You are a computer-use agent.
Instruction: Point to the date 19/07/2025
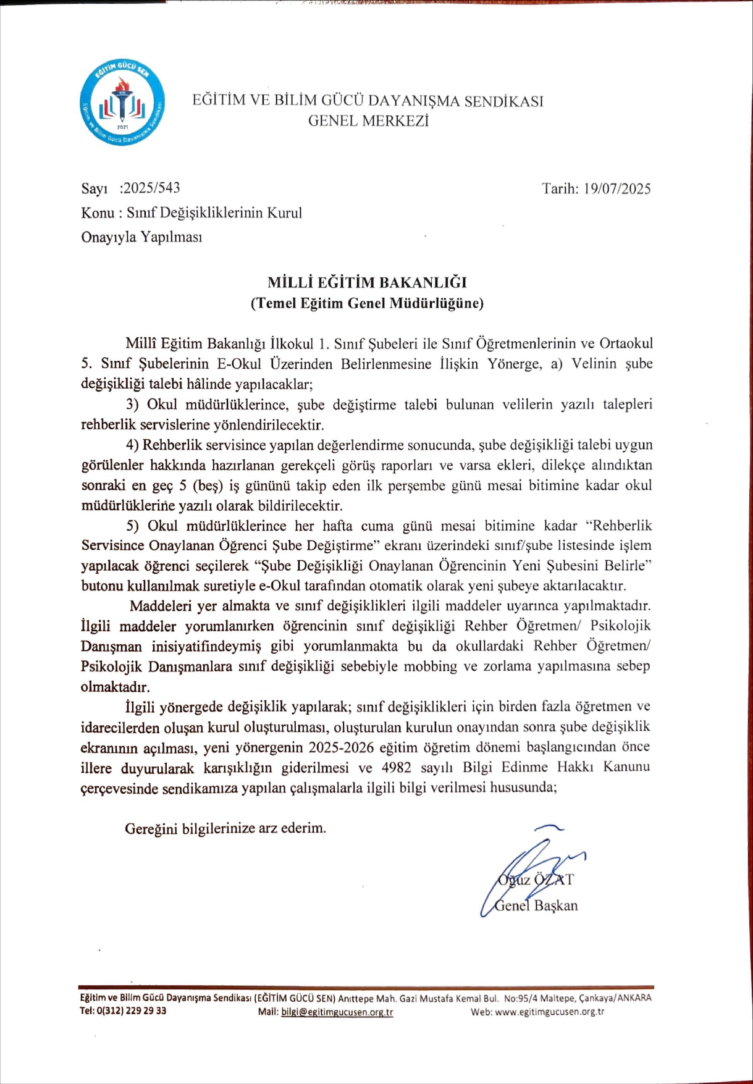pyautogui.click(x=616, y=189)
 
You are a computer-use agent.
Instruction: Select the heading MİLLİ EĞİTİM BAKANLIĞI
pyautogui.click(x=367, y=283)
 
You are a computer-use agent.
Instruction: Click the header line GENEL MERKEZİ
pyautogui.click(x=368, y=121)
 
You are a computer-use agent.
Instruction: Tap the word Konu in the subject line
pyautogui.click(x=98, y=213)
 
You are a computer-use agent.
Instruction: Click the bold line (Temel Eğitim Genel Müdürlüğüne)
pyautogui.click(x=367, y=303)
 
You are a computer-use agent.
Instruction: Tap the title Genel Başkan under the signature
pyautogui.click(x=536, y=906)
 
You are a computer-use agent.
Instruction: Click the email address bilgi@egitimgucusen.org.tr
pyautogui.click(x=337, y=1012)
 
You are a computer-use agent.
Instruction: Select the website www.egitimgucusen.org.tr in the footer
pyautogui.click(x=549, y=1012)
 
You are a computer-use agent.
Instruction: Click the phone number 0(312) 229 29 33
pyautogui.click(x=132, y=1011)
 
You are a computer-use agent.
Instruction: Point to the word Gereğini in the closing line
pyautogui.click(x=151, y=828)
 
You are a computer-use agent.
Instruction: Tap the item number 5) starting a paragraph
pyautogui.click(x=133, y=526)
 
